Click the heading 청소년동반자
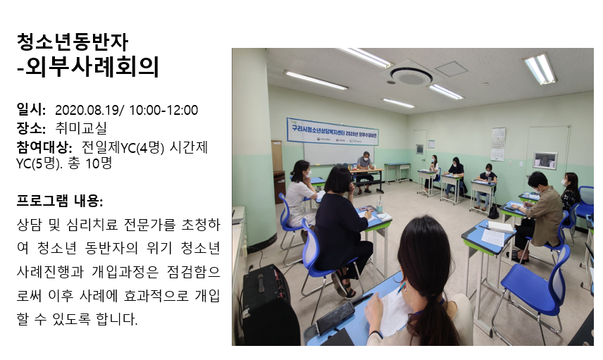[73, 42]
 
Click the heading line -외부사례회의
[88, 67]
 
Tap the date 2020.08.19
[87, 111]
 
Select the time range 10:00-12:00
[163, 111]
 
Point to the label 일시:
[31, 110]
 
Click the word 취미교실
[81, 128]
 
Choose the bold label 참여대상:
[44, 147]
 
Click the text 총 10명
[89, 163]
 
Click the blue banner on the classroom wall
[332, 132]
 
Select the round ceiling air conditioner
[411, 75]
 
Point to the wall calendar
[498, 144]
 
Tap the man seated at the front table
[366, 169]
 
